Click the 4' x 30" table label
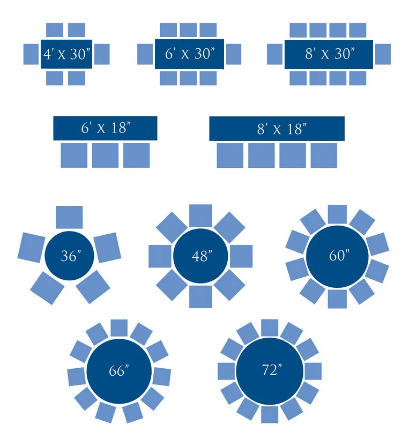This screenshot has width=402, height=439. pyautogui.click(x=66, y=54)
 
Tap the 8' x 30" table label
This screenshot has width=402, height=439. pyautogui.click(x=329, y=54)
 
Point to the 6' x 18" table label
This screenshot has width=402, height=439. pyautogui.click(x=106, y=129)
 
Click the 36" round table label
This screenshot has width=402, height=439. pyautogui.click(x=70, y=256)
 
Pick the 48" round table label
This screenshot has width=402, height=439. pyautogui.click(x=200, y=256)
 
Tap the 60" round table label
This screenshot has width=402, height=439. pyautogui.click(x=338, y=255)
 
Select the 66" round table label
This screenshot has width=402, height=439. pyautogui.click(x=118, y=370)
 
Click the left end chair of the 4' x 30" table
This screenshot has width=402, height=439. pyautogui.click(x=31, y=54)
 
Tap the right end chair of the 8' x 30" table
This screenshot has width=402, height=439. pyautogui.click(x=383, y=54)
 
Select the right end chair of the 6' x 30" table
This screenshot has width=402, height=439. pyautogui.click(x=234, y=54)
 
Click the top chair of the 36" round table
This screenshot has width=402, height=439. pyautogui.click(x=70, y=217)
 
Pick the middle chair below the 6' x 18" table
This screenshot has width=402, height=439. pyautogui.click(x=105, y=155)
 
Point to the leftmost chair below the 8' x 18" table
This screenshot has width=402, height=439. pyautogui.click(x=230, y=155)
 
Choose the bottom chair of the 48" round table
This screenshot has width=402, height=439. pyautogui.click(x=200, y=296)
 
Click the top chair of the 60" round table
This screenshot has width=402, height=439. pyautogui.click(x=337, y=214)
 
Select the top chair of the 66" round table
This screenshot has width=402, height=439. pyautogui.click(x=118, y=328)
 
